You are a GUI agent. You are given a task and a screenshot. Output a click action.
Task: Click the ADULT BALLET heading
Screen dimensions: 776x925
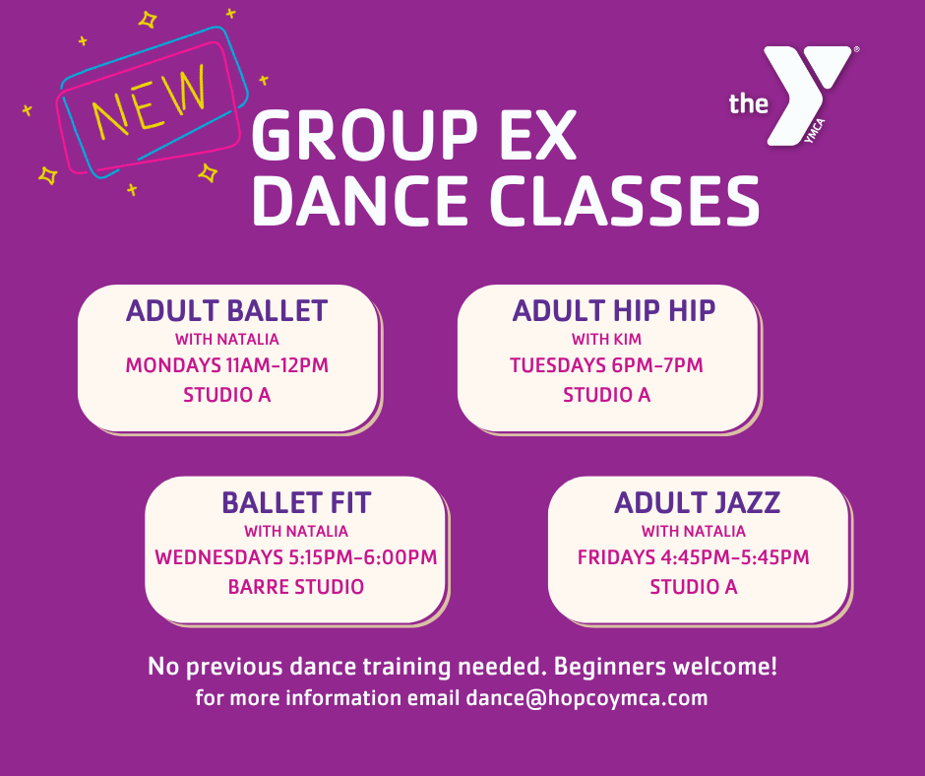click(x=226, y=311)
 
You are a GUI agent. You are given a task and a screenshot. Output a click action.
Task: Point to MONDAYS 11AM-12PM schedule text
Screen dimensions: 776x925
click(x=226, y=365)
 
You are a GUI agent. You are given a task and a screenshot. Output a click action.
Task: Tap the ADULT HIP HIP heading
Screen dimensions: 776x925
click(x=614, y=311)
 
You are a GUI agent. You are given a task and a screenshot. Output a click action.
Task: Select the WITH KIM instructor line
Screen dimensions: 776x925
click(x=606, y=341)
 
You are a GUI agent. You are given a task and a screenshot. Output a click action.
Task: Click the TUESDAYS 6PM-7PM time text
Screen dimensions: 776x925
click(x=606, y=365)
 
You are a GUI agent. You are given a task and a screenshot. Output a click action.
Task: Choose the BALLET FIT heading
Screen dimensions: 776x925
click(x=296, y=502)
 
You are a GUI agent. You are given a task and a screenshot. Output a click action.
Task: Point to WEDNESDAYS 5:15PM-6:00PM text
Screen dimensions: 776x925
click(x=296, y=557)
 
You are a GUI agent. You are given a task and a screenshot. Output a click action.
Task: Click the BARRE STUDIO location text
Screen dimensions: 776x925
click(x=296, y=587)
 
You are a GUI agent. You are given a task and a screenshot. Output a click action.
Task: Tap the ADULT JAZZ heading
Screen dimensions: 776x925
click(x=697, y=502)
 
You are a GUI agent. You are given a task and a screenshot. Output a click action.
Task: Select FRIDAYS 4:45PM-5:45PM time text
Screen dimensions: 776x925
click(x=693, y=557)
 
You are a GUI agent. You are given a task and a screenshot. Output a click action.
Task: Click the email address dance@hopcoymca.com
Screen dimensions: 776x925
click(x=586, y=699)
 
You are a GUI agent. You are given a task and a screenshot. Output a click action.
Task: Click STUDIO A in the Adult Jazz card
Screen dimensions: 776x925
click(x=693, y=587)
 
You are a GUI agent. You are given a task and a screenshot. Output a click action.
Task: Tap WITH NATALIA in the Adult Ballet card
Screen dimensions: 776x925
click(x=226, y=341)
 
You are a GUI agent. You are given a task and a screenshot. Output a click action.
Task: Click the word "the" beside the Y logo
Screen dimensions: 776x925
click(x=748, y=103)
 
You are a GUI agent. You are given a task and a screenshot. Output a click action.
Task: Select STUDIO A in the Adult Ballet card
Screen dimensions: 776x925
click(x=226, y=396)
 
